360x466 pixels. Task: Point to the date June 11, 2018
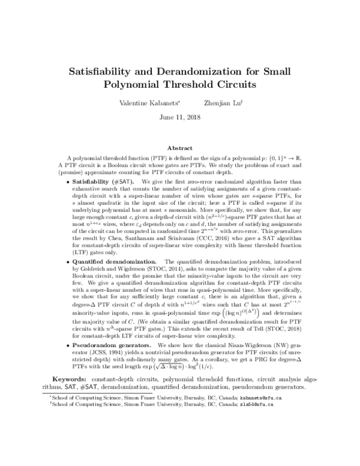point(179,116)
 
